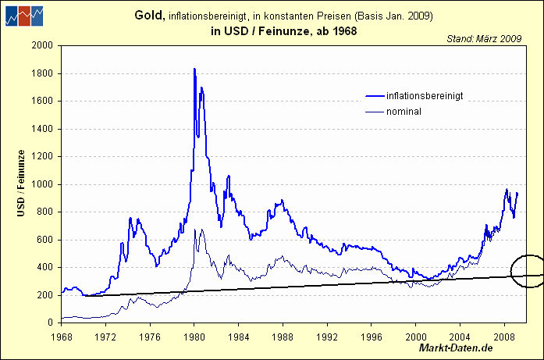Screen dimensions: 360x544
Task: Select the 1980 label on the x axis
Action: [x=194, y=337]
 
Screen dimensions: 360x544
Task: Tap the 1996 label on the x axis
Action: [x=371, y=337]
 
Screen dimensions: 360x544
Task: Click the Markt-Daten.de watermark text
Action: [x=456, y=348]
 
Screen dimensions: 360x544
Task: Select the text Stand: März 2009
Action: [x=484, y=37]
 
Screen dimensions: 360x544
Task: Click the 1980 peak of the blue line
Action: [x=194, y=70]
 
